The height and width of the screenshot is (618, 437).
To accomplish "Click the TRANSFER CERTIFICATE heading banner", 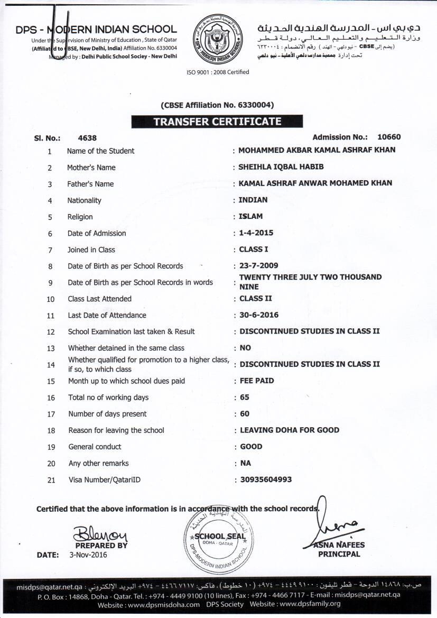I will pos(217,122).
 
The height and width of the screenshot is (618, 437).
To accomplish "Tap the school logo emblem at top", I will pos(217,39).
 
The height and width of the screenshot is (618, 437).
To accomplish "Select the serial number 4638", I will pos(87,137).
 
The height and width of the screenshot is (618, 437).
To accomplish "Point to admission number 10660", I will pos(389,137).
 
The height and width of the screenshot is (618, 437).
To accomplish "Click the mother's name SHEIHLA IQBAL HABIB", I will pos(281,167).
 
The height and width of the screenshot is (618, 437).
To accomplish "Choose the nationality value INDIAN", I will pos(254,200).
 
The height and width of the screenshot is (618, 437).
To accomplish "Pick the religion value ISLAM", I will pos(251,216).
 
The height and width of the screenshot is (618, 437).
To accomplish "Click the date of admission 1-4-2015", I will pos(256,233).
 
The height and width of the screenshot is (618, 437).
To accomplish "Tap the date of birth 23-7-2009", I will pos(259,265).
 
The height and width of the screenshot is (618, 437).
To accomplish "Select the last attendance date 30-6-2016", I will pos(259,315).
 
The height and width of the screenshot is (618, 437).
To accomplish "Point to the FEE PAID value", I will pos(257,381).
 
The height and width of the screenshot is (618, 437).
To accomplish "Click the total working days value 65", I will pos(245,397).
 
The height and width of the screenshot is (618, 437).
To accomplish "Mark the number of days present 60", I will pos(245,413).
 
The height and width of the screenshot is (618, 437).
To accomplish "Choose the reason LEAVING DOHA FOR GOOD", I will pos(290,430).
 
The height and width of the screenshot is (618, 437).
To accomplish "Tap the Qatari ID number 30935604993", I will pos(266,479).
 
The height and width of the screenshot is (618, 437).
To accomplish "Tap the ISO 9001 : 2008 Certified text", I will pos(218,72).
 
